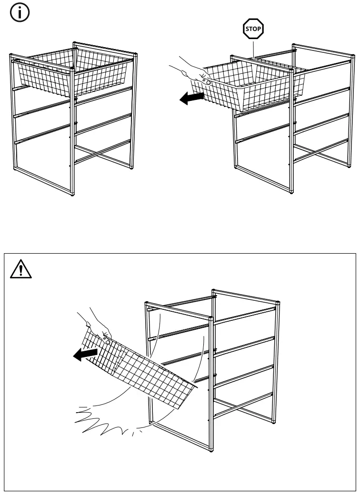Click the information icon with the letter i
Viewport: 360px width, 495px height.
tap(18, 14)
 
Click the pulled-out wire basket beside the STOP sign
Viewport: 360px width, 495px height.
tap(248, 88)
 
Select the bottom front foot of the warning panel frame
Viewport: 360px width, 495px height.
tap(211, 448)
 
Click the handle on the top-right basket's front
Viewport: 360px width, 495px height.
tap(208, 82)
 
